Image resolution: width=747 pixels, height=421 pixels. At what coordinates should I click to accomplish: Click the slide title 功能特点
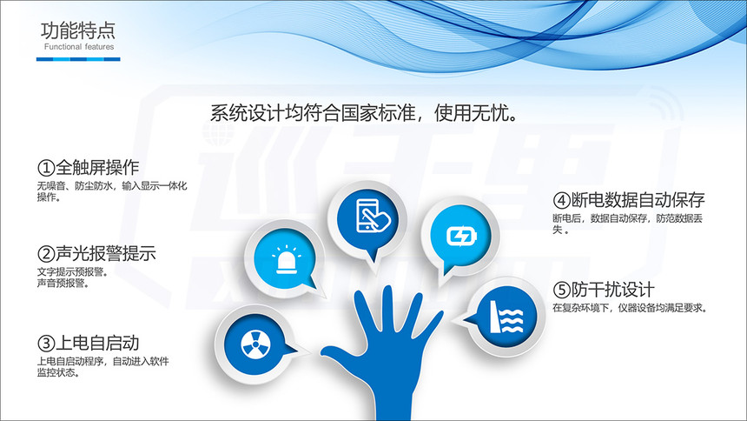pos(78,30)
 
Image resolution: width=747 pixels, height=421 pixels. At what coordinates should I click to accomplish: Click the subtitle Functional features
pos(79,47)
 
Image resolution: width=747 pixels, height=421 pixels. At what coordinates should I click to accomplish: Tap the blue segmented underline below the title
pos(78,59)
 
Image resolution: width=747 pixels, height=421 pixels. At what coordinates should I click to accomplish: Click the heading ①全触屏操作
pos(88,167)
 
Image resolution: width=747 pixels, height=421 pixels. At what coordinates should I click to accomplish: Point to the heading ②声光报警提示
pos(96,253)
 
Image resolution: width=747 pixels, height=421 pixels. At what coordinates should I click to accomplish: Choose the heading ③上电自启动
pos(88,343)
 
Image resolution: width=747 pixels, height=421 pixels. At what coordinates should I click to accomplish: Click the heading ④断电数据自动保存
pos(628,200)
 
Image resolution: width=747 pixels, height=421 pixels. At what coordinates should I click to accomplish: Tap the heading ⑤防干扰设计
pos(603,290)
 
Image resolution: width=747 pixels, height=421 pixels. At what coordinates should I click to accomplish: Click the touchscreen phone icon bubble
pos(367,218)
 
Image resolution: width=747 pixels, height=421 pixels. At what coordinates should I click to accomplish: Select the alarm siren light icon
pos(287,261)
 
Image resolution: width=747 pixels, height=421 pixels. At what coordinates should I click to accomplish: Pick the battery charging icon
pos(460,236)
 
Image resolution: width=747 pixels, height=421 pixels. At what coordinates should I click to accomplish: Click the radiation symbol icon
pos(255,344)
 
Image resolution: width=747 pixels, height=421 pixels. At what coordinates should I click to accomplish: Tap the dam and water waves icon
pos(507,317)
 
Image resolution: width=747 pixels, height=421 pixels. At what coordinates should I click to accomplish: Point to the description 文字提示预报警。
pos(72,272)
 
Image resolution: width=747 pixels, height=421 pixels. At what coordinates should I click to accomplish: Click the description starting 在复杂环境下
pos(630,308)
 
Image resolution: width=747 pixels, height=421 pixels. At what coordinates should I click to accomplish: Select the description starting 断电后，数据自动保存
pos(627,224)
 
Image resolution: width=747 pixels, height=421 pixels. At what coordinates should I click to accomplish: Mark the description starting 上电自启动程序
pos(102,366)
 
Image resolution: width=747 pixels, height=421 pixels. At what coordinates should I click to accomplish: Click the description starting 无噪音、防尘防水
pos(112,191)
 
